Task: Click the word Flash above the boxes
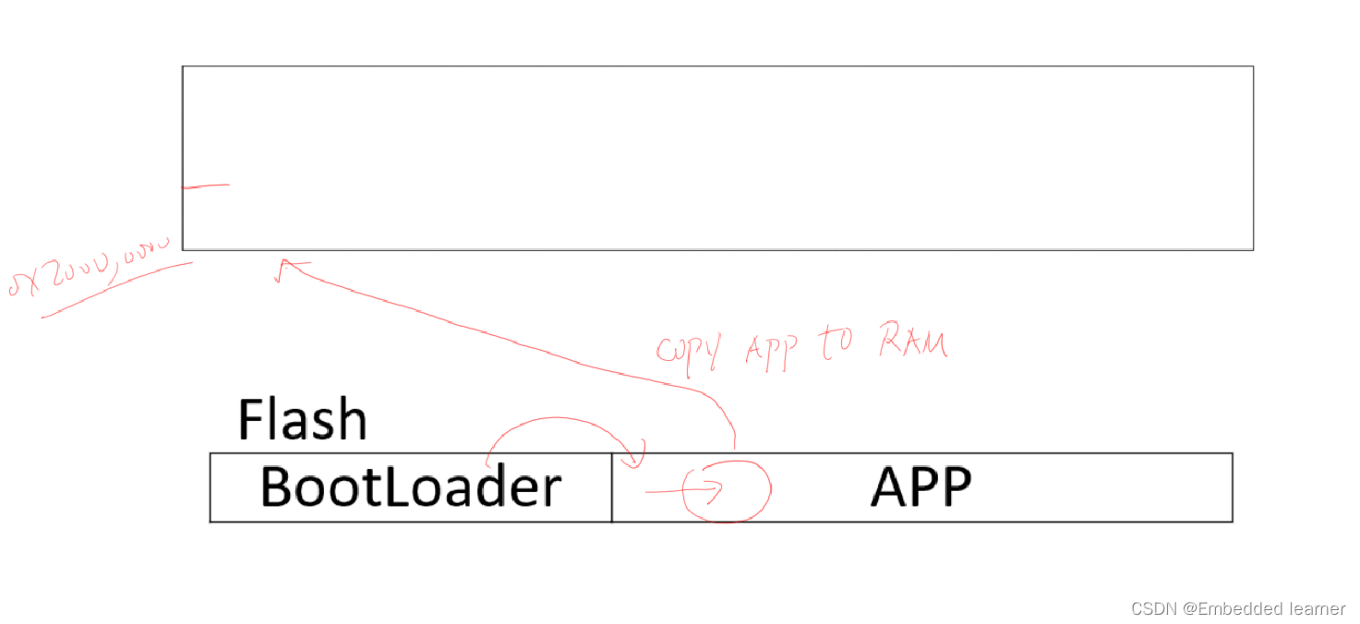302,420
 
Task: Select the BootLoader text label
410,487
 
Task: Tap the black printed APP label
921,486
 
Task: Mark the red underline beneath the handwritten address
115,290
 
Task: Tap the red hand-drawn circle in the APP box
728,490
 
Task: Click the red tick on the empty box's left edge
205,186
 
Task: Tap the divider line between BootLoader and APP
612,487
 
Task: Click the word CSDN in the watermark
1150,608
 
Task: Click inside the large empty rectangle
717,157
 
